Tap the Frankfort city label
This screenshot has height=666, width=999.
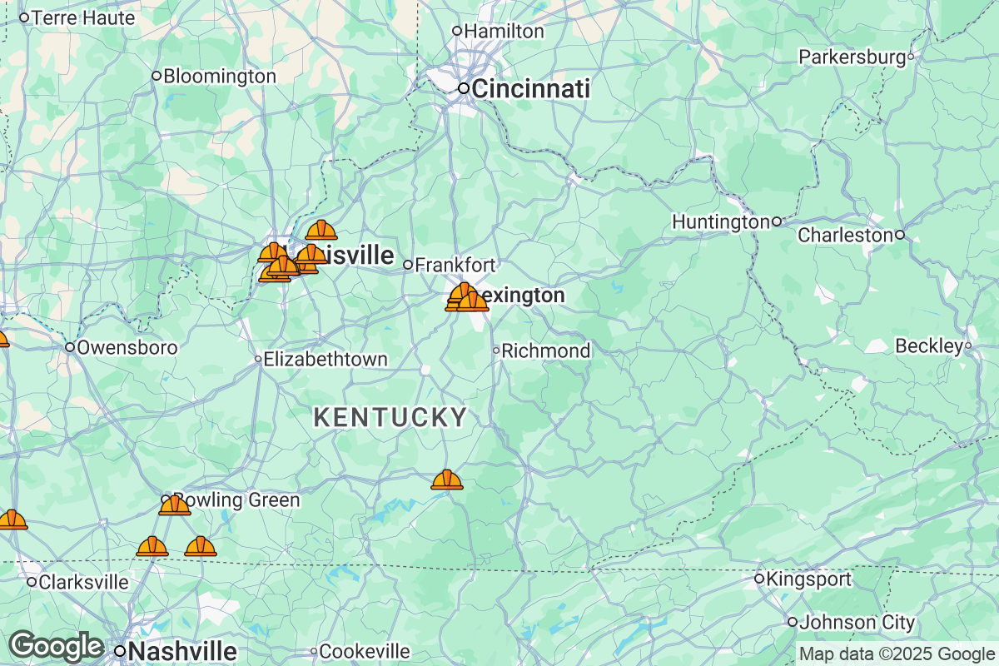pos(455,266)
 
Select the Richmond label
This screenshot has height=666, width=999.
pos(545,351)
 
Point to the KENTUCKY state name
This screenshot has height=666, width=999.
pos(390,418)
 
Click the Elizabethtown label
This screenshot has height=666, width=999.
pos(325,360)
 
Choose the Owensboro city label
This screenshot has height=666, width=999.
pos(127,347)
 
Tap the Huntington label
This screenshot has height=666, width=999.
pos(720,222)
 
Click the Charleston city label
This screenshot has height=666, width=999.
pos(845,236)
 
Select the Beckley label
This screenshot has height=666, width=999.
pos(928,345)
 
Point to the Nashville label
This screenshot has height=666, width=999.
pos(183,650)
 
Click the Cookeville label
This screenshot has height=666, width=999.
pos(365,651)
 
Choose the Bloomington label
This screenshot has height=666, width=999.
pos(220,77)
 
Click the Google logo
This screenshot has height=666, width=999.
pos(56,646)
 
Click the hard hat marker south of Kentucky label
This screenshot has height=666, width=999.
pos(447,480)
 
